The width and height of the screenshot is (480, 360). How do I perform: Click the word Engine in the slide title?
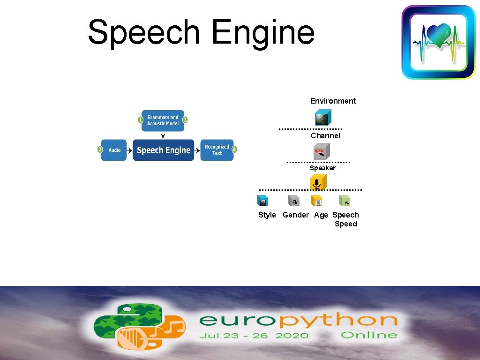[x=262, y=33]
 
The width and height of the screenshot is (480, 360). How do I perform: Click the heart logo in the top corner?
[x=438, y=42]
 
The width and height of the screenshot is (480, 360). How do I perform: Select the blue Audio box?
[x=114, y=150]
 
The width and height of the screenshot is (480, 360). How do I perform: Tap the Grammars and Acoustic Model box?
[x=163, y=120]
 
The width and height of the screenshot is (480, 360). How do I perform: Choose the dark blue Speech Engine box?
[x=163, y=150]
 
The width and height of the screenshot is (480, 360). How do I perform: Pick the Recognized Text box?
[x=217, y=150]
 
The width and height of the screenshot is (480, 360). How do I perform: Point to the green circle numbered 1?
[x=140, y=120]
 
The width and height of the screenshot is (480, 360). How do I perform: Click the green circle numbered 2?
[x=100, y=150]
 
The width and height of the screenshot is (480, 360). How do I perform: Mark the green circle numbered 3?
[x=185, y=120]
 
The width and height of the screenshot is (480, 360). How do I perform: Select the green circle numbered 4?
[x=234, y=150]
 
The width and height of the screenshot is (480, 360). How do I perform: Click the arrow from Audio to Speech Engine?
[x=129, y=150]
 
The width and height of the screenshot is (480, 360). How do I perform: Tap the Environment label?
[x=333, y=101]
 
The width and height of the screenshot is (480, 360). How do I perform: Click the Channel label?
[x=325, y=135]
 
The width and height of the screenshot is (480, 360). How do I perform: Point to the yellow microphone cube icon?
[x=318, y=182]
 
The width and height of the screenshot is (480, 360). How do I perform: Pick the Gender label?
[x=296, y=215]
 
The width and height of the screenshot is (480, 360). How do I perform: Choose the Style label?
[x=267, y=215]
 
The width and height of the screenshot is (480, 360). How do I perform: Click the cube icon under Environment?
[x=322, y=118]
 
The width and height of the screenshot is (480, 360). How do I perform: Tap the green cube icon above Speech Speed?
[x=345, y=201]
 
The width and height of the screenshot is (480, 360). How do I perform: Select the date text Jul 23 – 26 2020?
[x=254, y=335]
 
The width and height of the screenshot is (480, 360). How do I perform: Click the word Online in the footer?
[x=368, y=335]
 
